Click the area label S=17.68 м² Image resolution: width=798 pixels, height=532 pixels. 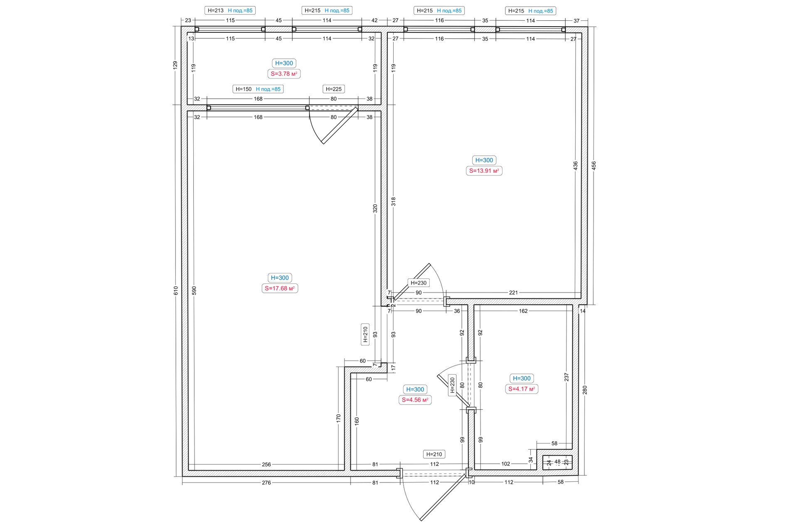(x=280, y=288)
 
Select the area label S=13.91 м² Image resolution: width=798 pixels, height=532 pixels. (x=484, y=170)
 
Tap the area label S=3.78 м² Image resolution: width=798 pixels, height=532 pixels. (x=284, y=74)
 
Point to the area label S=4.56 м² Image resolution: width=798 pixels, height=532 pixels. (x=415, y=400)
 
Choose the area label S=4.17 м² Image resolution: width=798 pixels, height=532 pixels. (x=522, y=389)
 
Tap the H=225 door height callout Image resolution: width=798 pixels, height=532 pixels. (x=334, y=89)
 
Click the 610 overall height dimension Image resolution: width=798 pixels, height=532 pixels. (x=176, y=291)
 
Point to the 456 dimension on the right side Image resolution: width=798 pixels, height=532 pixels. (x=594, y=165)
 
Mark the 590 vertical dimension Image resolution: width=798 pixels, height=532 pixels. (x=194, y=291)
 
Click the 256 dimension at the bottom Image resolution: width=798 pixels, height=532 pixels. (x=266, y=464)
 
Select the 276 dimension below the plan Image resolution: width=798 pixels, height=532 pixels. (x=266, y=483)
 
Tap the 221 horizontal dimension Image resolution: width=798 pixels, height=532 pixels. (x=513, y=293)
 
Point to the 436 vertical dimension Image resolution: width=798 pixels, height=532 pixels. (x=576, y=165)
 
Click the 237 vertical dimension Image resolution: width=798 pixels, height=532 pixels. (x=566, y=377)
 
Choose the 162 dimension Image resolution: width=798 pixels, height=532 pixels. (x=523, y=311)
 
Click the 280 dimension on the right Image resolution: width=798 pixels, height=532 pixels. (x=585, y=390)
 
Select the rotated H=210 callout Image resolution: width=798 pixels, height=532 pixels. (x=365, y=334)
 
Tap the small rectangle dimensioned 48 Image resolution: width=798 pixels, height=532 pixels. (x=557, y=462)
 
